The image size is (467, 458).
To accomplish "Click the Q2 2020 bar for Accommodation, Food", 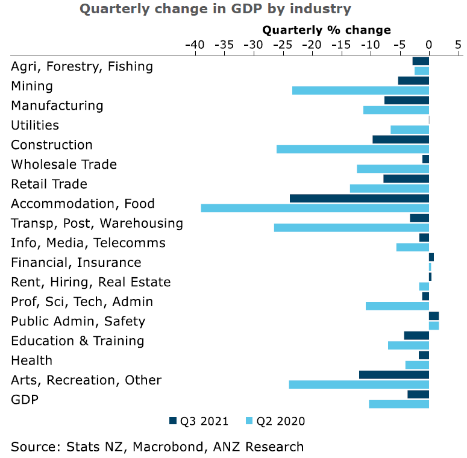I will (315, 208).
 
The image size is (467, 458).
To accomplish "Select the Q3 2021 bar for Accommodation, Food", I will (359, 198).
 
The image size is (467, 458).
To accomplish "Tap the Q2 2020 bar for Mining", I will (360, 90).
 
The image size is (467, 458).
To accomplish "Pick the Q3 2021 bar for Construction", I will (401, 139).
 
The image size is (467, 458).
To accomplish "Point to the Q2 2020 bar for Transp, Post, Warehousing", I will (351, 228).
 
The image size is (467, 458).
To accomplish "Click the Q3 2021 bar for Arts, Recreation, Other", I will (394, 375).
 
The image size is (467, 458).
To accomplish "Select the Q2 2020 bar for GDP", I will (399, 404).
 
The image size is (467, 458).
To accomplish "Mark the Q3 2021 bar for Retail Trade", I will (406, 178).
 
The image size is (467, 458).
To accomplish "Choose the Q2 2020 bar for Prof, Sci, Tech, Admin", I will (397, 306).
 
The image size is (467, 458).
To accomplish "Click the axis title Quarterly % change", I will (327, 30).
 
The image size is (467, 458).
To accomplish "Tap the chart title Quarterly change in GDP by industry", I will (216, 9).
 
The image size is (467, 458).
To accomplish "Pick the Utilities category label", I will (35, 125).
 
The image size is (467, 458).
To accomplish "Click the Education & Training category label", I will (78, 341).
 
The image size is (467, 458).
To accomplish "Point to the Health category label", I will (31, 360).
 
